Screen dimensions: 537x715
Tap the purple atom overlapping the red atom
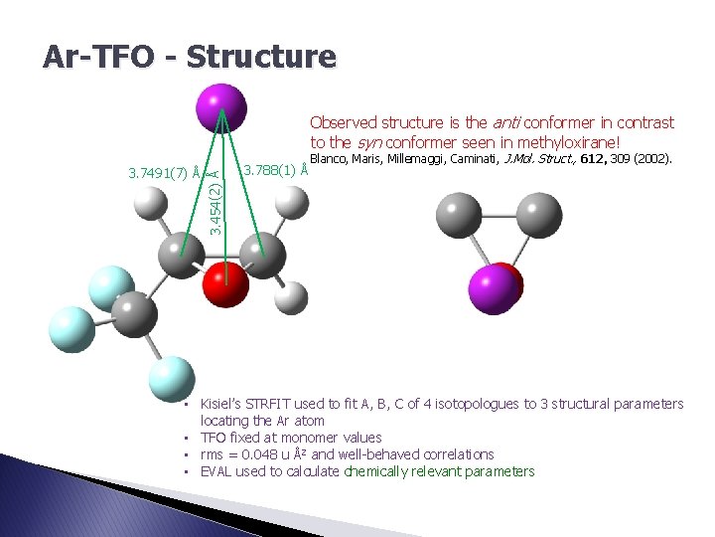pyautogui.click(x=492, y=289)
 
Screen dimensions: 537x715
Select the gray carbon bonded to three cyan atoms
pyautogui.click(x=134, y=312)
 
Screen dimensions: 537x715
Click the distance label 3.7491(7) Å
pyautogui.click(x=166, y=173)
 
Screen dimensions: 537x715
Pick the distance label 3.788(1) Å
pyautogui.click(x=276, y=170)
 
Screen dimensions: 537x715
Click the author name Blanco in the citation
pyautogui.click(x=331, y=158)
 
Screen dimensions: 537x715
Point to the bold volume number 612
pyautogui.click(x=593, y=158)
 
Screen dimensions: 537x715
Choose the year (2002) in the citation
pyautogui.click(x=653, y=158)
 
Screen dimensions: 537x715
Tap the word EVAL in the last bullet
pyautogui.click(x=216, y=471)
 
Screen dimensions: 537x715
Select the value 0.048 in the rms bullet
pyautogui.click(x=264, y=454)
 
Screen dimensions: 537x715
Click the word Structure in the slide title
pyautogui.click(x=261, y=57)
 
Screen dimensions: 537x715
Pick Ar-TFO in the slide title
pyautogui.click(x=97, y=57)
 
